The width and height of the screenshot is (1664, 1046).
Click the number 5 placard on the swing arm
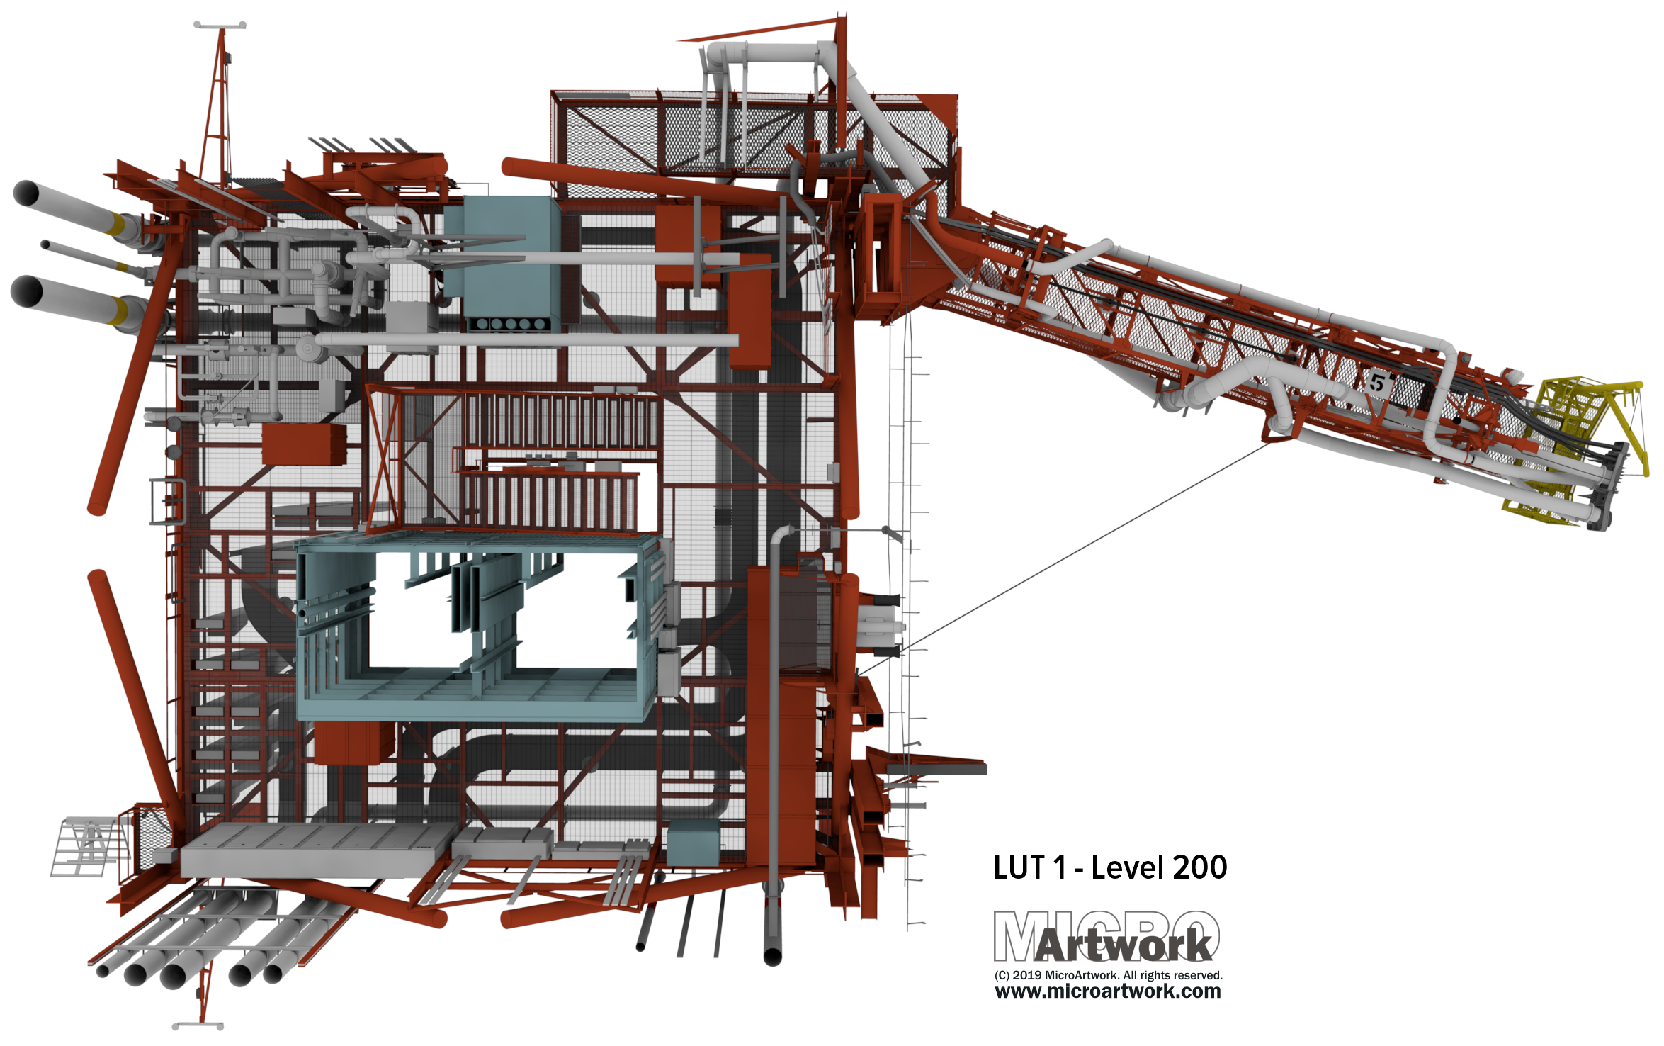(1376, 383)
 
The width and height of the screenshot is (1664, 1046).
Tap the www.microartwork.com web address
(1108, 991)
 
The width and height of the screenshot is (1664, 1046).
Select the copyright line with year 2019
(1108, 975)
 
